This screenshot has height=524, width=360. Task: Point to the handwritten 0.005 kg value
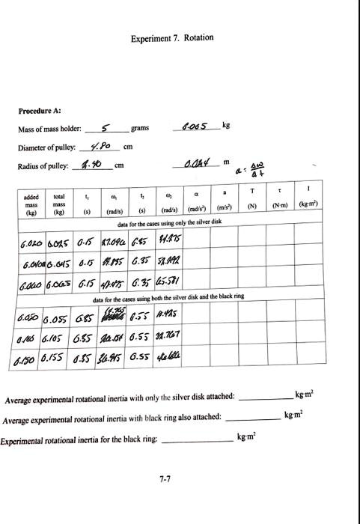[x=198, y=126]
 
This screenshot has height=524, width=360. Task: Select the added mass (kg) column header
[x=31, y=204]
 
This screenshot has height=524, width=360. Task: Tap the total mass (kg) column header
[x=59, y=204]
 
